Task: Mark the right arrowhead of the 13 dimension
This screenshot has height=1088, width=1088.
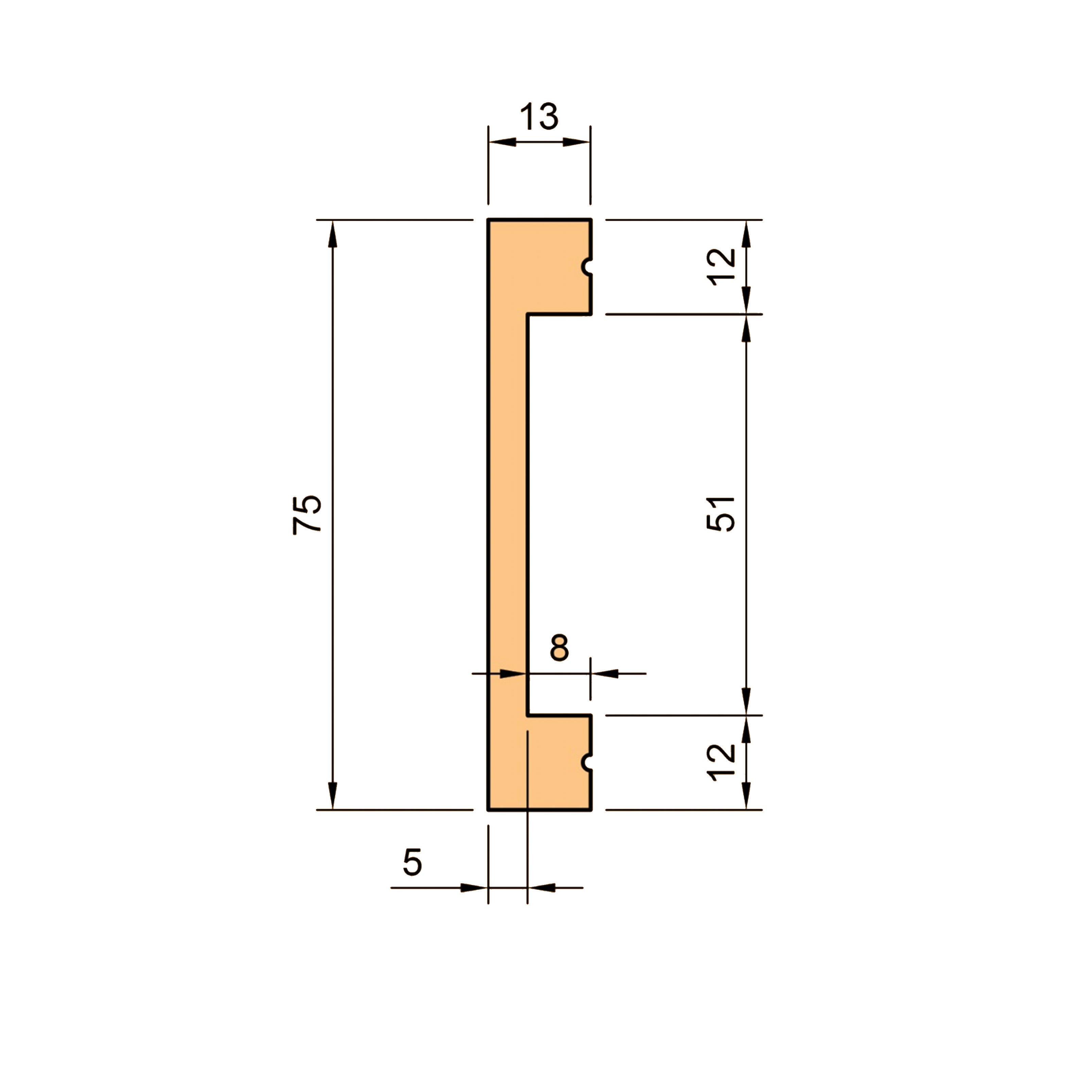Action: click(576, 142)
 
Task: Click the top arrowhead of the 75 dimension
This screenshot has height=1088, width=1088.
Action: click(332, 233)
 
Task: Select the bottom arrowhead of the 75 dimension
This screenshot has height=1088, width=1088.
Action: click(332, 796)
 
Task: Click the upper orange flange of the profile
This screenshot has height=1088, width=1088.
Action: click(541, 265)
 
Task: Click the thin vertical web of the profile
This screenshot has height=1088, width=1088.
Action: click(507, 507)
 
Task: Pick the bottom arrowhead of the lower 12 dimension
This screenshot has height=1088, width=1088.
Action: click(746, 796)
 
